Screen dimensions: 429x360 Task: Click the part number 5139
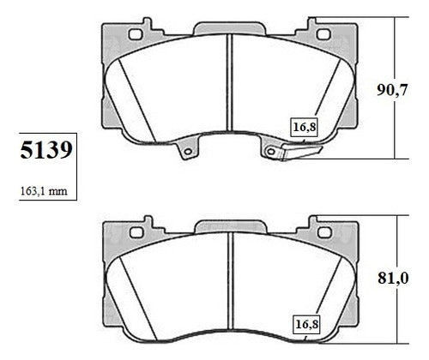point(46,150)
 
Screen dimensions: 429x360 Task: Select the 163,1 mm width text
point(44,191)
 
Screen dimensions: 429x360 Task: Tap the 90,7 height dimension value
point(391,90)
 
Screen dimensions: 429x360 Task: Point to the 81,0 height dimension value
point(393,278)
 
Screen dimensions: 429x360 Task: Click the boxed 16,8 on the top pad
point(305,127)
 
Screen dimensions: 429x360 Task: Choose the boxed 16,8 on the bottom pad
point(306,325)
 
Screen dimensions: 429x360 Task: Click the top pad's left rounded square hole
point(136,34)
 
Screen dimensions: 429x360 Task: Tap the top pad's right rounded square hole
point(323,34)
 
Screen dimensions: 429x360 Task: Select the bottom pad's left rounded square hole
point(136,232)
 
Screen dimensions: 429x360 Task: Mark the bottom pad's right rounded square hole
point(324,232)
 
